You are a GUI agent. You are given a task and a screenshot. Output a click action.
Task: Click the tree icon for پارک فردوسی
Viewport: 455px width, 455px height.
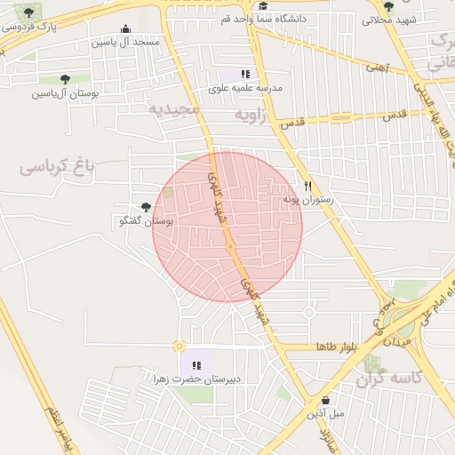(x=29, y=12)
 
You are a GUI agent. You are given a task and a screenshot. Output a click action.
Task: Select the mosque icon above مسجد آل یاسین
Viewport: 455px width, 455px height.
(x=125, y=28)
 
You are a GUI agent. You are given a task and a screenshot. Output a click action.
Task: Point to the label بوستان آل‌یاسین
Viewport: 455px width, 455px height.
(x=66, y=92)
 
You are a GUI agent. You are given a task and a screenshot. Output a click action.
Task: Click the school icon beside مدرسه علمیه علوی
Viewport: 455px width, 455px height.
(x=245, y=75)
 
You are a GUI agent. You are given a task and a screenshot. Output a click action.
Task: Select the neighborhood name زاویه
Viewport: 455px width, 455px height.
(x=250, y=116)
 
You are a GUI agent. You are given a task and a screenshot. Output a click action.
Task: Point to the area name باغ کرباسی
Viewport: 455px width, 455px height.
(x=57, y=164)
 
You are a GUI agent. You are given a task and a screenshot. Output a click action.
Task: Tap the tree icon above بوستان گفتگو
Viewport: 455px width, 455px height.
(x=146, y=207)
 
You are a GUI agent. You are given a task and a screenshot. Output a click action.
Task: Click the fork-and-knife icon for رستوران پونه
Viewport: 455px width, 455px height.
(x=307, y=187)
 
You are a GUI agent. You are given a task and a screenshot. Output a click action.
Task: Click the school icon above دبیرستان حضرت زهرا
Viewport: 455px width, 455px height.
(x=196, y=365)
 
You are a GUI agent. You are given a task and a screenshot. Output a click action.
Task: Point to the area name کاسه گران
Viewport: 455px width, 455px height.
(x=388, y=380)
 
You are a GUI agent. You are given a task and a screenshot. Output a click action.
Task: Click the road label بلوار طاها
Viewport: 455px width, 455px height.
(x=336, y=345)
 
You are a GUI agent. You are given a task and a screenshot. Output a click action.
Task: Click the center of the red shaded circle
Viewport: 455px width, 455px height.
(x=228, y=227)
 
